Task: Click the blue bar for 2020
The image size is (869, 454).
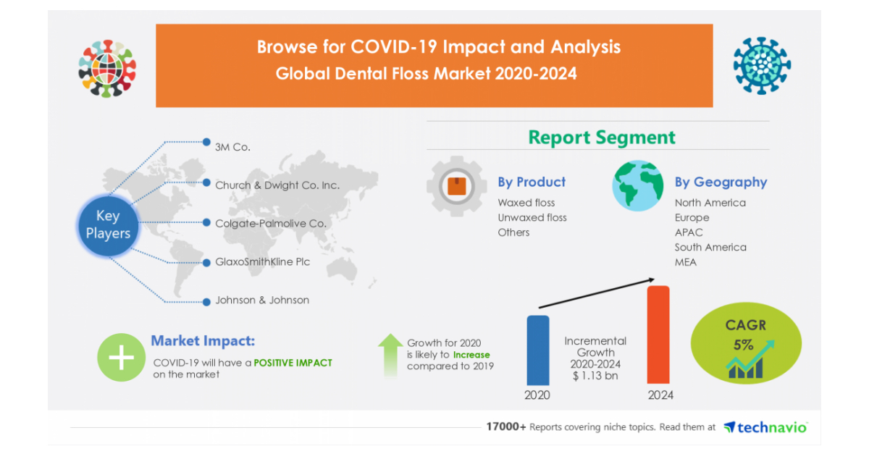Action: [537, 350]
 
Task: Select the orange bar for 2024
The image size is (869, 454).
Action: [658, 335]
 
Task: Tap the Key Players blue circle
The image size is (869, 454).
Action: [108, 224]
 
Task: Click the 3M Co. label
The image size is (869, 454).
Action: [232, 146]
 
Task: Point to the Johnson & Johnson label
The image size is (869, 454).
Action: [261, 300]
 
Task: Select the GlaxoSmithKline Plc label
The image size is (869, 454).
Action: [262, 261]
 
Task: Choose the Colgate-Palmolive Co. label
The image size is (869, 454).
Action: [270, 223]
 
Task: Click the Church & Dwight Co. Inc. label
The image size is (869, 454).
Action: [277, 185]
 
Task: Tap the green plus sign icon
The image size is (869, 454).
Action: [121, 358]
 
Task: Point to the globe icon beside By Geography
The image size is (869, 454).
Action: [637, 185]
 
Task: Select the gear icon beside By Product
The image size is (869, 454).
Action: [456, 187]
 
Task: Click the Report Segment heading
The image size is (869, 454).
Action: [601, 137]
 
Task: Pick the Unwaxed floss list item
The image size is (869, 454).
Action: [532, 217]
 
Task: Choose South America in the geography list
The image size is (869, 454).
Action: [710, 247]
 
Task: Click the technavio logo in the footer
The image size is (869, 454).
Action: [765, 427]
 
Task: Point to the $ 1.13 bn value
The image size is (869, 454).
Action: [595, 375]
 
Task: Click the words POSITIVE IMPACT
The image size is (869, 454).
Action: [293, 362]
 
